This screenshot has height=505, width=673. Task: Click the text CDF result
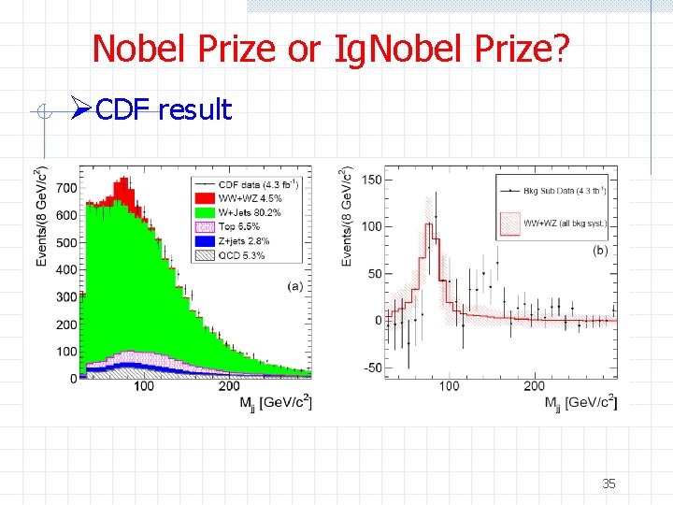click(x=164, y=110)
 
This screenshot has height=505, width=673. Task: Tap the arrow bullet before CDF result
click(x=82, y=110)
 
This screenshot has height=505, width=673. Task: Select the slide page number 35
click(x=609, y=483)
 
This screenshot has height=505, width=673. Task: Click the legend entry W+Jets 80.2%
click(x=251, y=211)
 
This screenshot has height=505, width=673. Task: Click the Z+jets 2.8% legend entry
click(x=245, y=240)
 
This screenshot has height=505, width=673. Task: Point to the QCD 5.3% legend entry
click(x=241, y=254)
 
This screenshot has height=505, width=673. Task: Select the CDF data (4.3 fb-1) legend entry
click(x=261, y=183)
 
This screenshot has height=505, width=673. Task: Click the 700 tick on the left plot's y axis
click(x=65, y=188)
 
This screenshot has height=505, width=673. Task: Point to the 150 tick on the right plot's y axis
click(x=370, y=179)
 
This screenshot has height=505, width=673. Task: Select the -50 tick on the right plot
click(x=371, y=368)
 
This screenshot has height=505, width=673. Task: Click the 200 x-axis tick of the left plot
click(x=228, y=385)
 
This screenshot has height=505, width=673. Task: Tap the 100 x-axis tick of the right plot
click(x=449, y=385)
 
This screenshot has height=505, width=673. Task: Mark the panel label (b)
click(x=600, y=250)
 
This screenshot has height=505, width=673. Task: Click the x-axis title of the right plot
click(x=580, y=402)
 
